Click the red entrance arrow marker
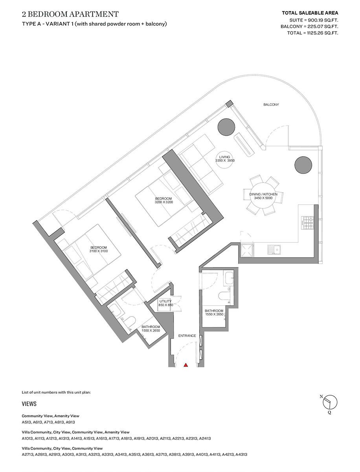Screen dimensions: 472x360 point(186,365)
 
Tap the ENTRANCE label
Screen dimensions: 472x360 point(187,336)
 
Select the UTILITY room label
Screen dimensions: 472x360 point(165,301)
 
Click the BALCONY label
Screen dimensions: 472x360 point(271,105)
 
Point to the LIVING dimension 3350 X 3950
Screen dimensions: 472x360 point(225,161)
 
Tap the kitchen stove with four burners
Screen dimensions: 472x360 point(307,223)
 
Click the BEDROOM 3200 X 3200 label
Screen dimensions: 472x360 point(164,200)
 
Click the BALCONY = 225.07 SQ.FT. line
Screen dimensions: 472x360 point(309,26)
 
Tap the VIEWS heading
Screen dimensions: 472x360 point(29,404)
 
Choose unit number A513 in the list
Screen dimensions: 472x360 point(27,422)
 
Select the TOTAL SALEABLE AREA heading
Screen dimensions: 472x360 point(310,13)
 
